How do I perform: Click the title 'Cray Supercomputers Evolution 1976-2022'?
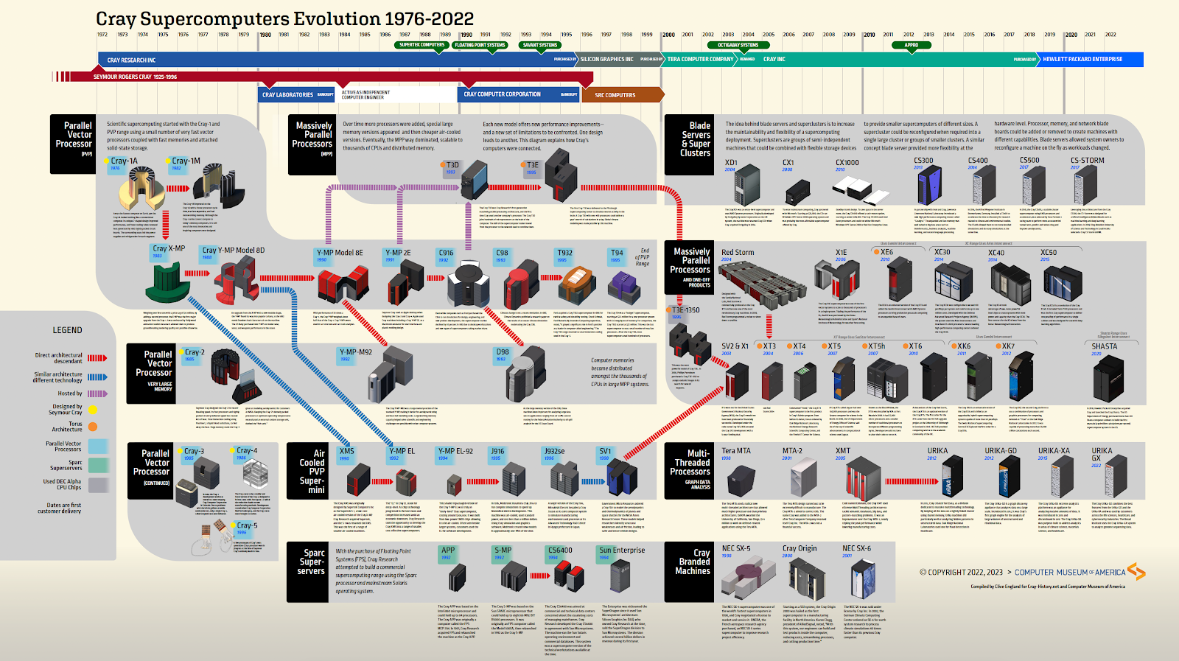pyautogui.click(x=284, y=18)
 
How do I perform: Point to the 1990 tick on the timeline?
pyautogui.click(x=466, y=35)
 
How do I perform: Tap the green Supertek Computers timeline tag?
pyautogui.click(x=421, y=45)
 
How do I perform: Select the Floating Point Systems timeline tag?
pyautogui.click(x=480, y=45)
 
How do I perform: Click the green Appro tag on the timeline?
pyautogui.click(x=912, y=45)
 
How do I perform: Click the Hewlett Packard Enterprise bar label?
pyautogui.click(x=1082, y=60)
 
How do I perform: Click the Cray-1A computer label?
pyautogui.click(x=124, y=161)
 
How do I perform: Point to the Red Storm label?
pyautogui.click(x=738, y=253)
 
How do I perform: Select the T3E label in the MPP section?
pyautogui.click(x=533, y=165)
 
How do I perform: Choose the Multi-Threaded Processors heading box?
pyautogui.click(x=689, y=467)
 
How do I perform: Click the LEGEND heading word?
pyautogui.click(x=67, y=330)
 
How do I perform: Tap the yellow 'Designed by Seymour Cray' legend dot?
pyautogui.click(x=93, y=410)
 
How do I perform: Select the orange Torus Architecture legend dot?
pyautogui.click(x=93, y=427)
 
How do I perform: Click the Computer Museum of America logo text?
pyautogui.click(x=1070, y=573)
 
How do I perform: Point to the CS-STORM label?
pyautogui.click(x=1087, y=161)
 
